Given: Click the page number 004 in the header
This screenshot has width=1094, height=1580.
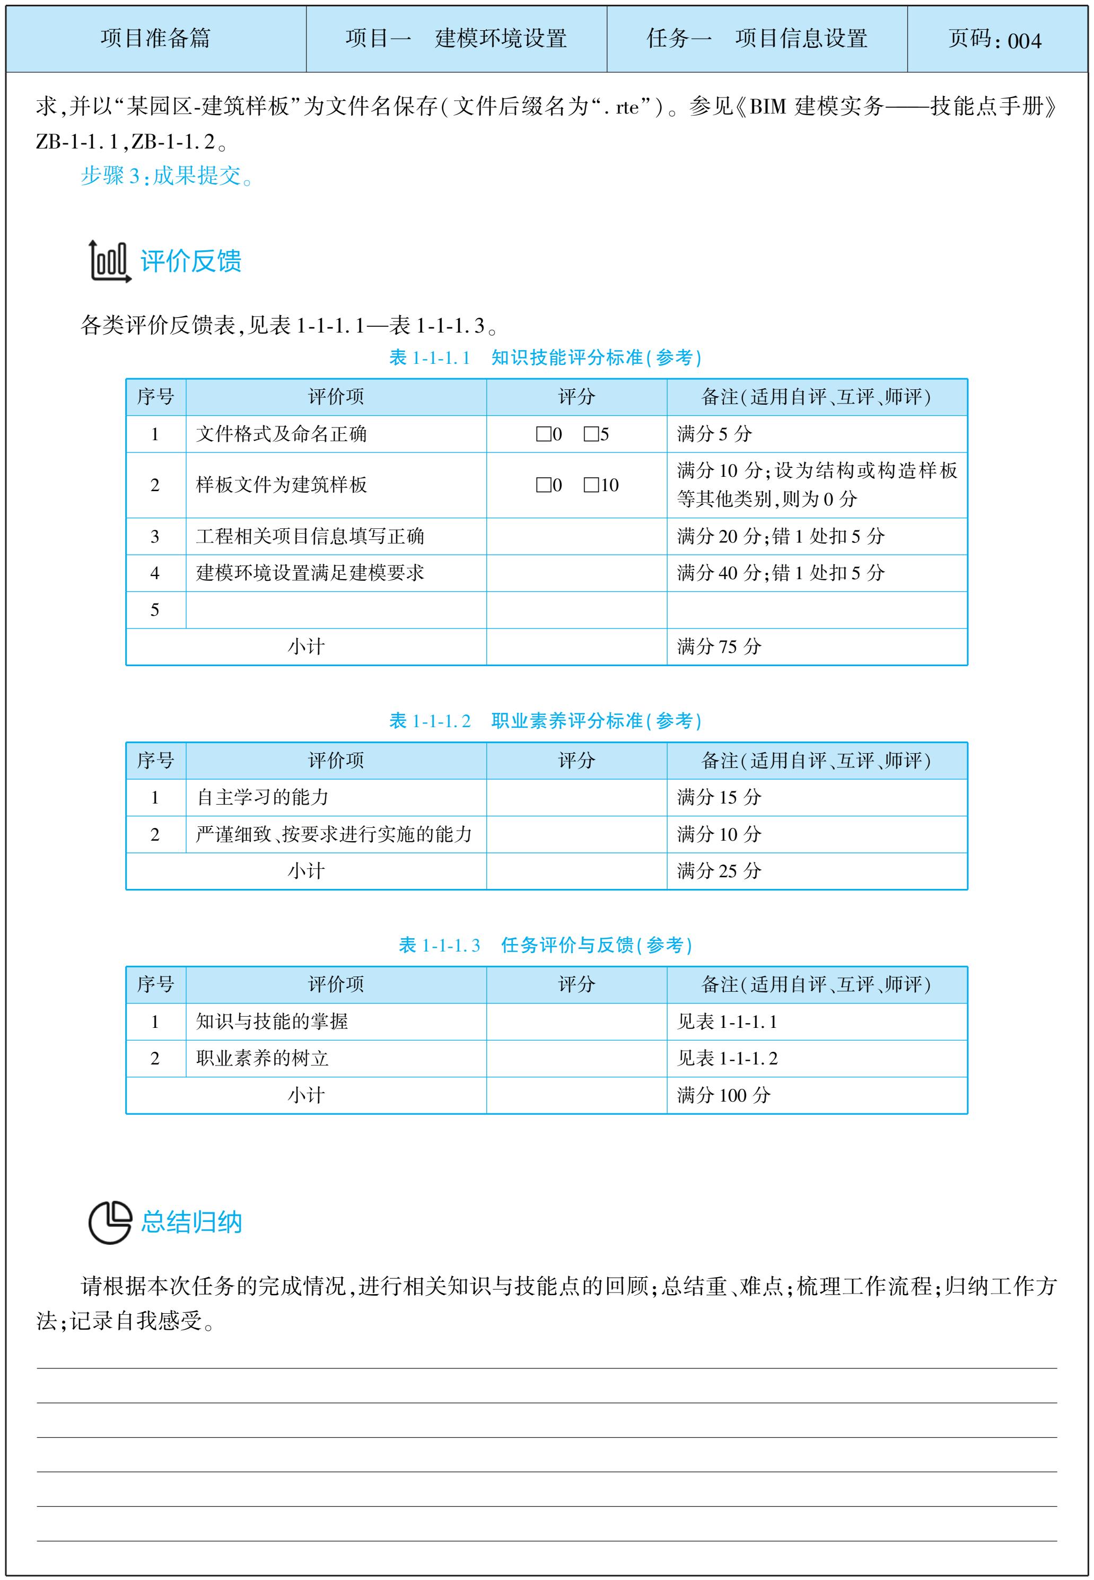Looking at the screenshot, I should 1024,40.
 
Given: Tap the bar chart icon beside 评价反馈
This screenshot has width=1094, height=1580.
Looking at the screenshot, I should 109,261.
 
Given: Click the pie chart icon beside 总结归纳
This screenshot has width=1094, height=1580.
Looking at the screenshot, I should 110,1221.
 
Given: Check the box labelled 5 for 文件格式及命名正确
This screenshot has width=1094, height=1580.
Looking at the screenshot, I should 591,434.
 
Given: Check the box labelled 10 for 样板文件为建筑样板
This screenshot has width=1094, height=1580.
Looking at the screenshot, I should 591,485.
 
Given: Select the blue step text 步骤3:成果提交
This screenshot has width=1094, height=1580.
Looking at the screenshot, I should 167,176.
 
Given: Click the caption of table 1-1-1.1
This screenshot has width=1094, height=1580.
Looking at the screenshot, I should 546,358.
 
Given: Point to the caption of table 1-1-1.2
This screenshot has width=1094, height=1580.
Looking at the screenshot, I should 546,721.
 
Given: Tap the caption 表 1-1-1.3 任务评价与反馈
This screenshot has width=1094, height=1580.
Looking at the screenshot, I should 546,945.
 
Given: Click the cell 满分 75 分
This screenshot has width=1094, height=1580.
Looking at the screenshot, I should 719,647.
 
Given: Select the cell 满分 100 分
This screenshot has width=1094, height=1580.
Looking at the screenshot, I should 723,1095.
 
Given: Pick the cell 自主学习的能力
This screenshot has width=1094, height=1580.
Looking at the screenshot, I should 262,797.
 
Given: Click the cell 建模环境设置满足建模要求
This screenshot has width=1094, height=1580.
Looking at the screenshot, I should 310,573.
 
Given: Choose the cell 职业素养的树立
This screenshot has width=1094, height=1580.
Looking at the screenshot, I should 262,1058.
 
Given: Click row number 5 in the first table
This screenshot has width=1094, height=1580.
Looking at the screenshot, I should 155,610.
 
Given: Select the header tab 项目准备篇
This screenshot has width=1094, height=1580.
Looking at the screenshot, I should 155,38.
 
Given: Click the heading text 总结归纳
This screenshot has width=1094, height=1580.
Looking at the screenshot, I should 191,1222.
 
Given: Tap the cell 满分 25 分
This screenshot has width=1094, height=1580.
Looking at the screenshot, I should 719,871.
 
